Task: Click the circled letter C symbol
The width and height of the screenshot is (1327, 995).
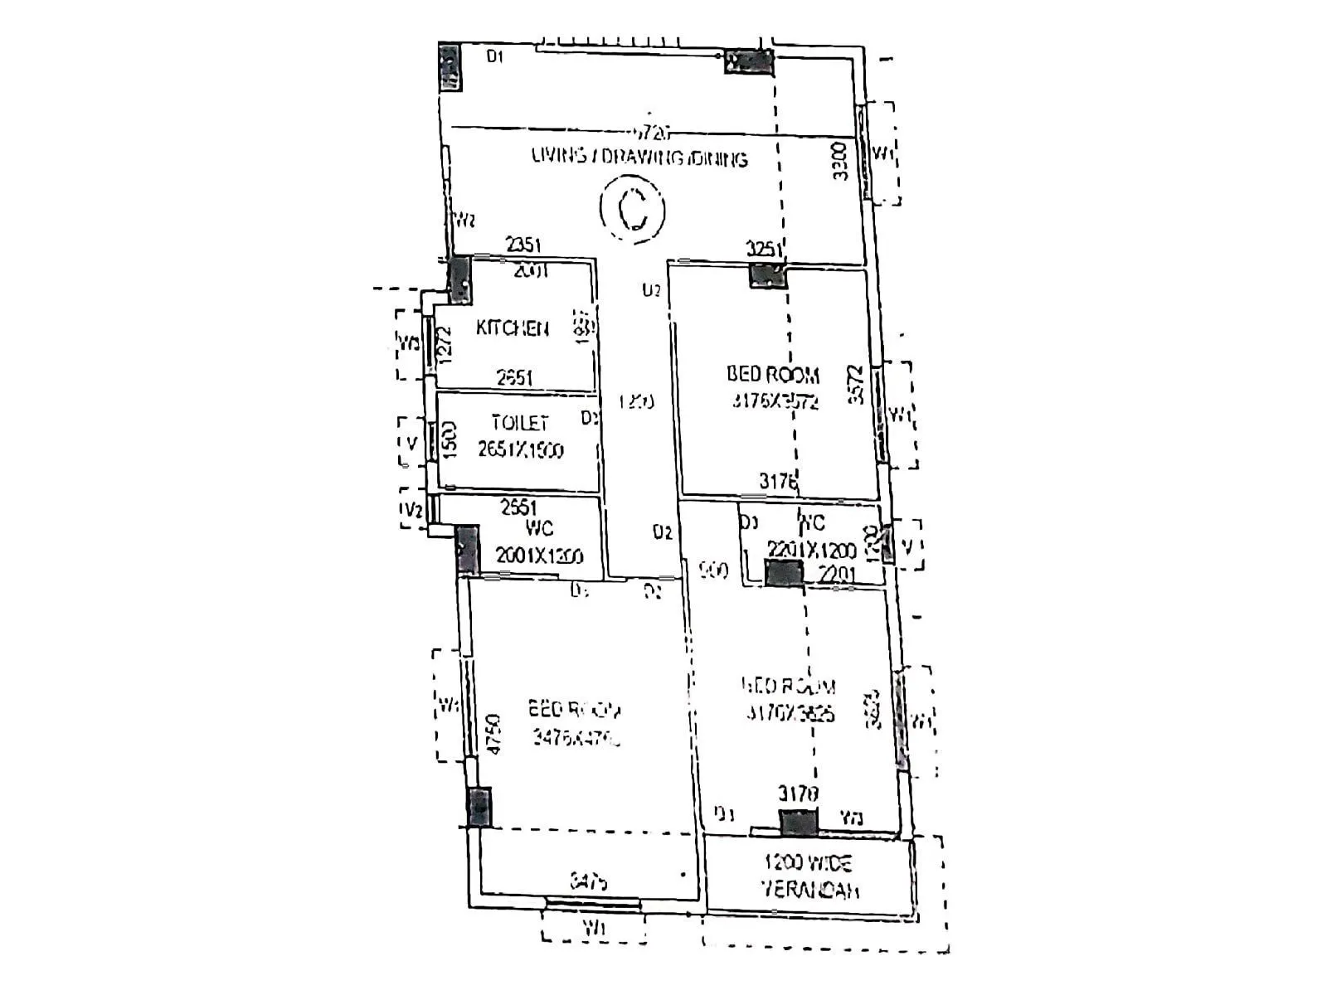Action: [x=633, y=208]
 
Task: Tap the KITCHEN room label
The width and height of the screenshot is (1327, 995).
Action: [x=512, y=328]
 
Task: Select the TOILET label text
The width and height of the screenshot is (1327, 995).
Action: [x=519, y=423]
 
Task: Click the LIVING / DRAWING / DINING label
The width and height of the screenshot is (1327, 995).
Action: [x=639, y=158]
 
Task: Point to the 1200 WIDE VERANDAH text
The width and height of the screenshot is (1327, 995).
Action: [x=809, y=876]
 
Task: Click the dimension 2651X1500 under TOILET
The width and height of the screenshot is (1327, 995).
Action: [x=520, y=449]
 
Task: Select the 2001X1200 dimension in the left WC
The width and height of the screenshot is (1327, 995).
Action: [x=539, y=556]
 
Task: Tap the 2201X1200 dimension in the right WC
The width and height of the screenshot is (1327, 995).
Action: [x=811, y=550]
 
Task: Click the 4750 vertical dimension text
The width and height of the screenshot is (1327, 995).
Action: [x=494, y=734]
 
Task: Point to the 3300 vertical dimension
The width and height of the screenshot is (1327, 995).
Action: [x=840, y=162]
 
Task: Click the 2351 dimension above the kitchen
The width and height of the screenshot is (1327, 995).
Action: [x=524, y=245]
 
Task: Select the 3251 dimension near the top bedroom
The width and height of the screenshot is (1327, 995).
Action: [x=764, y=249]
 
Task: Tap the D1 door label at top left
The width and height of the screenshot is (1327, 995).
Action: [x=495, y=56]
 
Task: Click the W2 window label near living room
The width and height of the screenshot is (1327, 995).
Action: [x=464, y=220]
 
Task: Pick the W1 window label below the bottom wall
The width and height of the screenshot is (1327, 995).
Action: [x=594, y=929]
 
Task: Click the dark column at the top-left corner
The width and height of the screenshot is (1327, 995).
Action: [x=449, y=66]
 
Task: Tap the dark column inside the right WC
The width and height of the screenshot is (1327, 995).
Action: [x=784, y=573]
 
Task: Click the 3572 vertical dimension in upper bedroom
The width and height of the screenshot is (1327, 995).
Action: [x=856, y=385]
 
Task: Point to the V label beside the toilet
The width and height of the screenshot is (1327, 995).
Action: [x=411, y=443]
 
